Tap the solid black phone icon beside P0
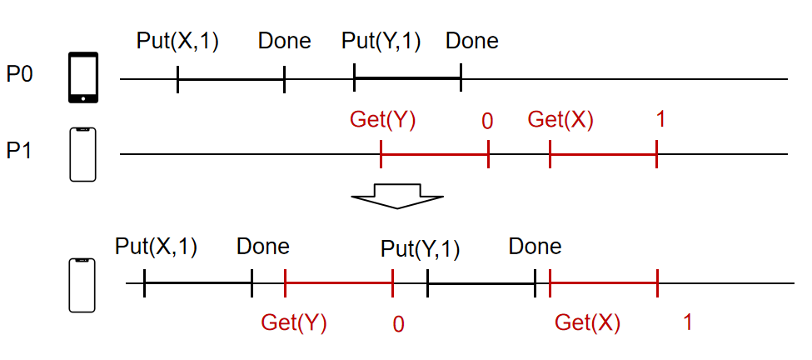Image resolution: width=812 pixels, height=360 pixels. click(x=82, y=77)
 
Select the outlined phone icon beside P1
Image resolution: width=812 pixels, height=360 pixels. click(x=82, y=154)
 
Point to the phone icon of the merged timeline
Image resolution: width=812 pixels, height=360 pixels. click(x=82, y=285)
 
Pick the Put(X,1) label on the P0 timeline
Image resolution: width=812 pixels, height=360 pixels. click(x=177, y=41)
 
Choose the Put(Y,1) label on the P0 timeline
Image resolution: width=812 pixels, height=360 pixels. click(x=382, y=41)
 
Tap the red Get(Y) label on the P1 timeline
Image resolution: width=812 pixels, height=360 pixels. click(x=382, y=120)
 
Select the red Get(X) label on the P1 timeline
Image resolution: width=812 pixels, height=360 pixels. click(x=560, y=120)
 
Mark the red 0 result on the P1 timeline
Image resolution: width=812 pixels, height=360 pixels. click(x=487, y=122)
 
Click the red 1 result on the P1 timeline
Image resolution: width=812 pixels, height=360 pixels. click(x=660, y=120)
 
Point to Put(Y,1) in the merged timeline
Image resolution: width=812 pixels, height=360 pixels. click(x=421, y=248)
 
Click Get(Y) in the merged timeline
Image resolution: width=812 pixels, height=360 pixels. click(x=294, y=323)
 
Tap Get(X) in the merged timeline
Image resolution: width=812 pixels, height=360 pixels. click(x=587, y=323)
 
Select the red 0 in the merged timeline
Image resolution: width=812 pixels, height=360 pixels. click(x=398, y=324)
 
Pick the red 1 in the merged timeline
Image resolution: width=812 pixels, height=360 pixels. click(x=687, y=322)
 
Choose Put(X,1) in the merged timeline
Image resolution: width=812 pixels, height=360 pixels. click(x=157, y=247)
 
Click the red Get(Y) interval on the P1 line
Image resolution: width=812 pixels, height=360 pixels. click(x=434, y=153)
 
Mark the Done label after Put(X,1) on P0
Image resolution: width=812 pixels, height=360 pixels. click(x=284, y=41)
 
